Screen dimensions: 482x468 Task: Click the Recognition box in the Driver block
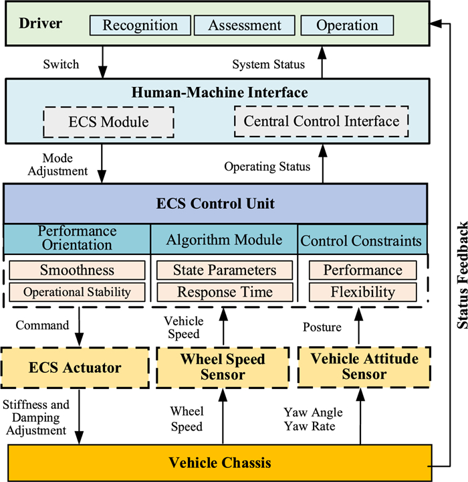[x=140, y=26]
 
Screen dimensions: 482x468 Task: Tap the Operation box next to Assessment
[x=348, y=26]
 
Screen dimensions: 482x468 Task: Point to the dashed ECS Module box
[x=108, y=123]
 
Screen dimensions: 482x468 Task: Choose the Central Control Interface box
[x=321, y=122]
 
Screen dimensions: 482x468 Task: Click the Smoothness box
[x=77, y=270]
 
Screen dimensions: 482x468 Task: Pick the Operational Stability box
[x=77, y=293]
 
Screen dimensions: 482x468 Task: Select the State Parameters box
[x=224, y=270]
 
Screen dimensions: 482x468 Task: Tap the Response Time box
[x=224, y=293]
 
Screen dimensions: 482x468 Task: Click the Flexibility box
[x=362, y=293]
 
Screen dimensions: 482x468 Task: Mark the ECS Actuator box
[x=76, y=367]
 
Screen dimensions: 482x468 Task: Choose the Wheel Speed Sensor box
[x=223, y=366]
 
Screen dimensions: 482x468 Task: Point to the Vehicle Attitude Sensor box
[x=364, y=366]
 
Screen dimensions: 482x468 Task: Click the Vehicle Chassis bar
[x=219, y=463]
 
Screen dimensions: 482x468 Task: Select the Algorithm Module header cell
[x=224, y=240]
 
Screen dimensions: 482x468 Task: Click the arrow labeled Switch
[x=102, y=65]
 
